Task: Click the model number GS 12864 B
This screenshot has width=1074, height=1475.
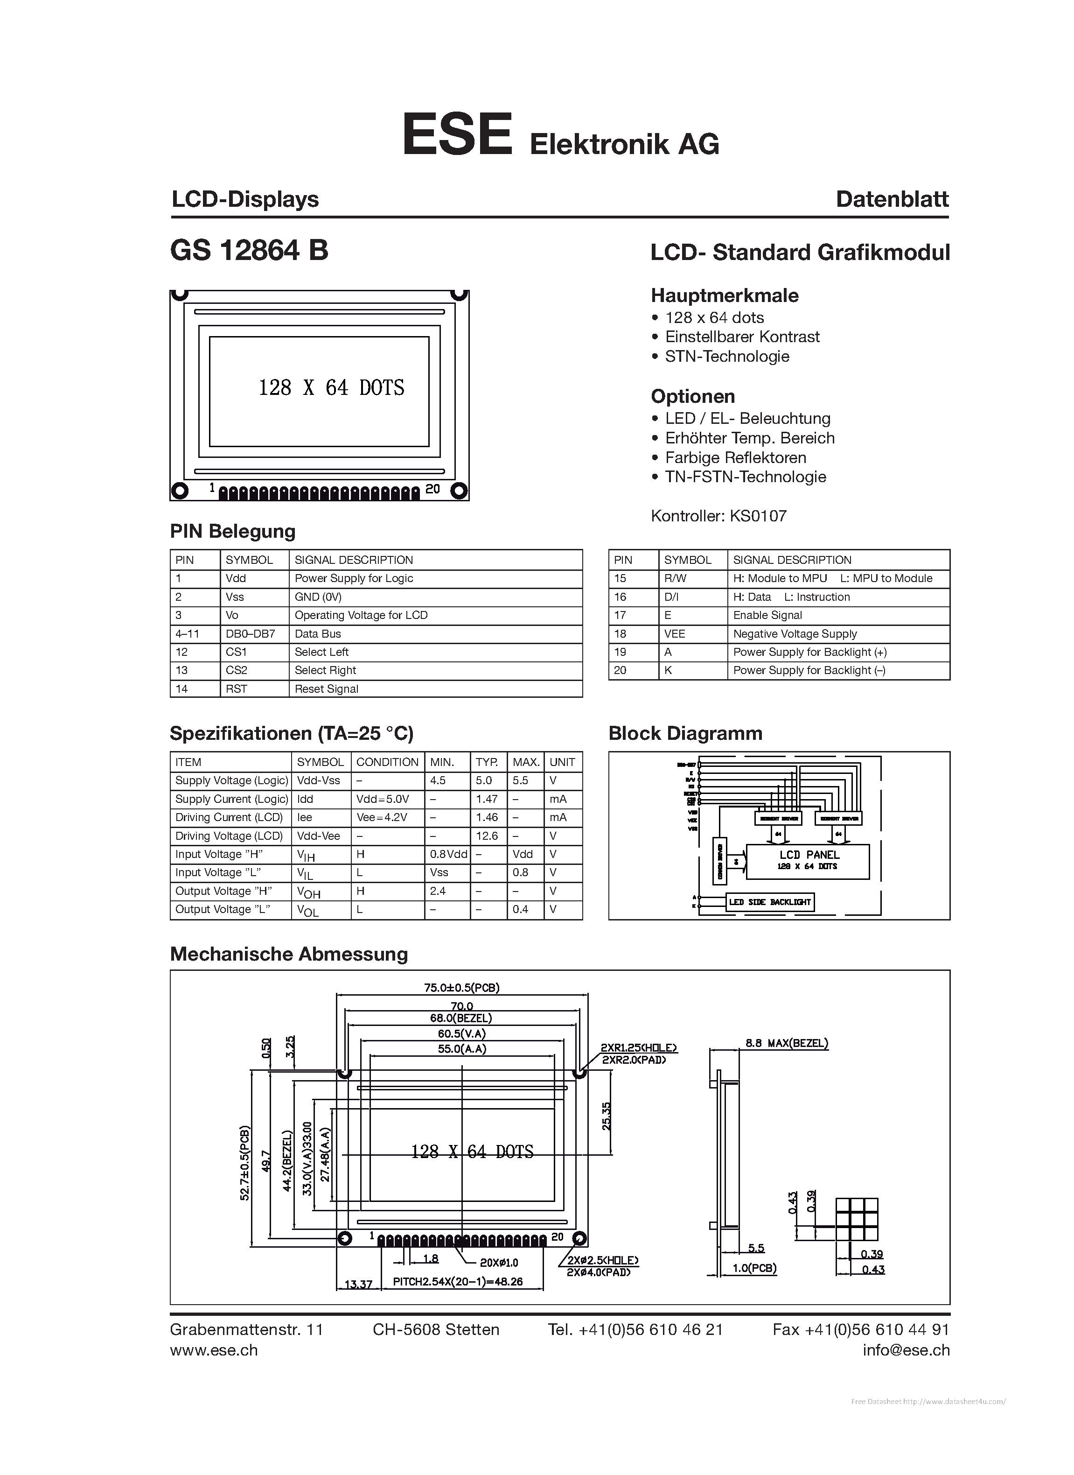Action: (x=249, y=250)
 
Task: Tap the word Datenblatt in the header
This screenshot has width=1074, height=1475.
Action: (x=892, y=199)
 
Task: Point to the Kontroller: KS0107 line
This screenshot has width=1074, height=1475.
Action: (x=718, y=516)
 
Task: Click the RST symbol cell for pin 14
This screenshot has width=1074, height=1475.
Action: (x=237, y=689)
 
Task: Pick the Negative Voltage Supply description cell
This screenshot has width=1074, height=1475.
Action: (x=795, y=633)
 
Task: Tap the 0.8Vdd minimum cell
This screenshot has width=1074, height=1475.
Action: (x=448, y=854)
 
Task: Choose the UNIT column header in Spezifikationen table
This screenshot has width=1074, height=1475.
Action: (x=562, y=762)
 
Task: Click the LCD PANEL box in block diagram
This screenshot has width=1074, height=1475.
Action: (x=808, y=860)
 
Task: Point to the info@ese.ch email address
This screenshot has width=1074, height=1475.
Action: (x=906, y=1350)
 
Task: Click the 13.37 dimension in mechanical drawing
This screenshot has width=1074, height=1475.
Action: (x=358, y=1285)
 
